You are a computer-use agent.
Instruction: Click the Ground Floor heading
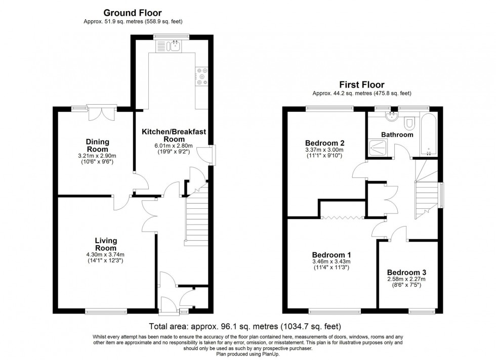click(x=133, y=13)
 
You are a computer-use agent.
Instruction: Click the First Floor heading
click(x=361, y=85)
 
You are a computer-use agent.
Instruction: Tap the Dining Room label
click(x=97, y=146)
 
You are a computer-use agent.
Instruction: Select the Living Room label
click(x=106, y=244)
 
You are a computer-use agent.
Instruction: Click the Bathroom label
click(x=397, y=135)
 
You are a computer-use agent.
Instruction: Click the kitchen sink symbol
click(x=169, y=47)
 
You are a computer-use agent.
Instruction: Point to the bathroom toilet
click(x=410, y=121)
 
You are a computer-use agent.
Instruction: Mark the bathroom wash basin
click(x=391, y=117)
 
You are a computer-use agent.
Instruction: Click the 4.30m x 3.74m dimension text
click(x=106, y=255)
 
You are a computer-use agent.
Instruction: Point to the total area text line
click(x=244, y=326)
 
